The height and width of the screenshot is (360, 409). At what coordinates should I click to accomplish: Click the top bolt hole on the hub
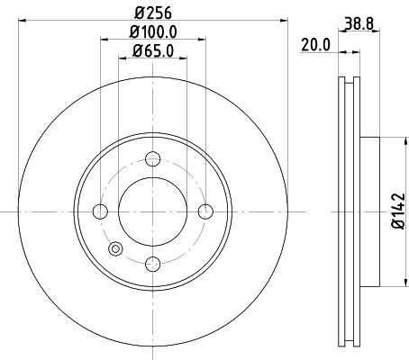tap(153, 159)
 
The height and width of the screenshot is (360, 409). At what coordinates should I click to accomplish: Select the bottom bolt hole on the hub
tap(153, 264)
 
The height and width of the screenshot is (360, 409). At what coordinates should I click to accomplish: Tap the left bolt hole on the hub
tap(100, 211)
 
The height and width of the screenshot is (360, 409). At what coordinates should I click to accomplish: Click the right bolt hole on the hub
tap(205, 211)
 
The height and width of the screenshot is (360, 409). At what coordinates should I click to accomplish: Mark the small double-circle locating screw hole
tap(114, 250)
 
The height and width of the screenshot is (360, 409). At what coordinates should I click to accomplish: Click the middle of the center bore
tap(153, 211)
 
